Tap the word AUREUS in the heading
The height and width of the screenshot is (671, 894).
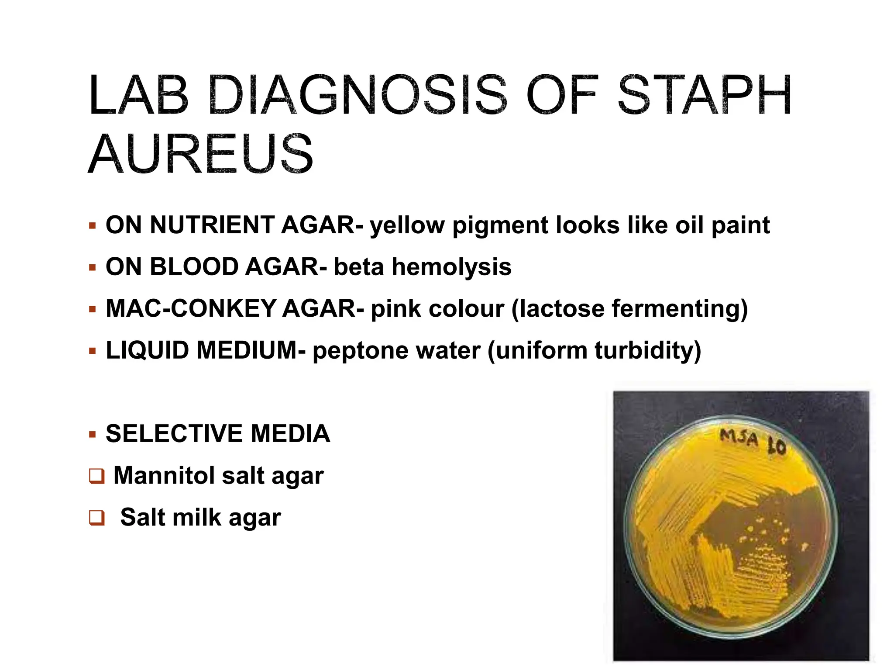tap(201, 154)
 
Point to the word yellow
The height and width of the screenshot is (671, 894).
tap(407, 225)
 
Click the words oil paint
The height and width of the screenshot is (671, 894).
tap(722, 225)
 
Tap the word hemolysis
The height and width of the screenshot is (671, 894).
tap(451, 267)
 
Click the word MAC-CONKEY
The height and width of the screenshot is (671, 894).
tap(190, 308)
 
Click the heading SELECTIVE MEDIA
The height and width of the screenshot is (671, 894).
tap(217, 434)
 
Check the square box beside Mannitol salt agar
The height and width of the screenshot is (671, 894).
tap(96, 476)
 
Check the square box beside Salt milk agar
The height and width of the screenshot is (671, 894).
tap(96, 518)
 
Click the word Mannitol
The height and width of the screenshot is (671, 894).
tap(164, 476)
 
